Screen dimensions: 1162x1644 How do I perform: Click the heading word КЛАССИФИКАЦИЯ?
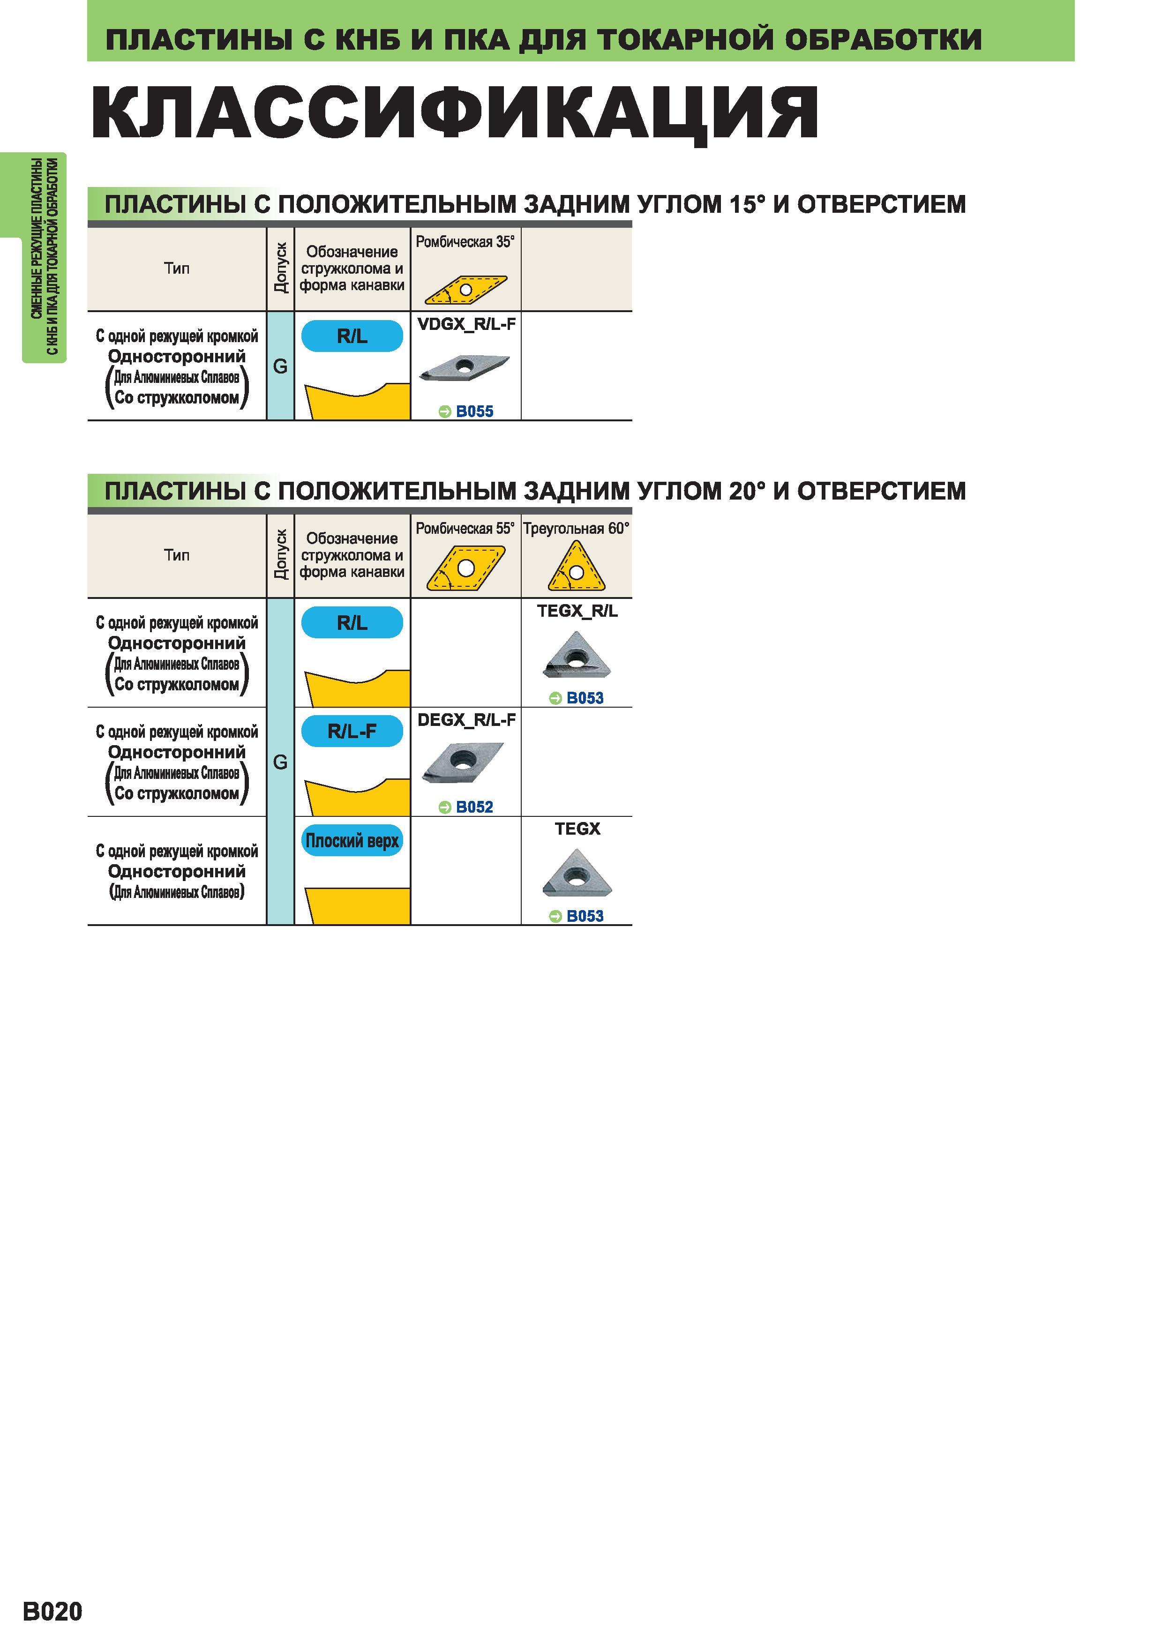click(x=455, y=113)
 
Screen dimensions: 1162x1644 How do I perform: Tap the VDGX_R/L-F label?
click(x=466, y=324)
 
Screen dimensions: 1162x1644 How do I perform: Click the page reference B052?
click(x=466, y=807)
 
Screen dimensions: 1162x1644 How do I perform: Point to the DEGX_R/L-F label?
click(x=466, y=720)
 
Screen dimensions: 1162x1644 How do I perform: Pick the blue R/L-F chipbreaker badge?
click(x=352, y=731)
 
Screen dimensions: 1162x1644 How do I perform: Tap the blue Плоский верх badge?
click(x=352, y=841)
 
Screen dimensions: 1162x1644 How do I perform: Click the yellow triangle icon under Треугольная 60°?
click(x=577, y=567)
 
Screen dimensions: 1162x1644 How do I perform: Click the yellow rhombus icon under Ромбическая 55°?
click(x=466, y=568)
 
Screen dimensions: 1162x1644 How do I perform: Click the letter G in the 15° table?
click(x=280, y=366)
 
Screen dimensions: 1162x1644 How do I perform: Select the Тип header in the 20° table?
click(x=177, y=555)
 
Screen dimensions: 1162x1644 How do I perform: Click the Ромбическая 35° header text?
click(x=465, y=242)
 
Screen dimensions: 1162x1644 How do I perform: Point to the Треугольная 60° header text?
click(x=577, y=529)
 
